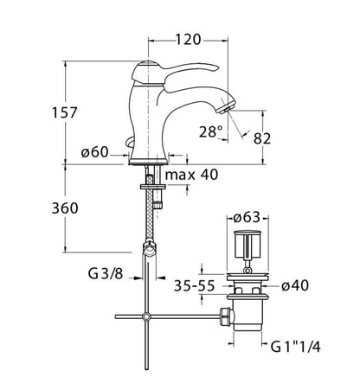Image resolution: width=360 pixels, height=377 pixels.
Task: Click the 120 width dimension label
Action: (x=188, y=40)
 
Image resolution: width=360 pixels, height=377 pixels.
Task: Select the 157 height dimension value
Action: (x=65, y=112)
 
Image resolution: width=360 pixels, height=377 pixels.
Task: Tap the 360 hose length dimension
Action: (x=65, y=208)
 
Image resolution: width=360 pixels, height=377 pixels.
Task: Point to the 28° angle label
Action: (x=211, y=132)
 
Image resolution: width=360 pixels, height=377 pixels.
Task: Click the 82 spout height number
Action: (x=262, y=138)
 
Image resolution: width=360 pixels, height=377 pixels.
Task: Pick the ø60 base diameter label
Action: (x=94, y=152)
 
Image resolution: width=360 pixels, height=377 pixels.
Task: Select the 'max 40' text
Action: (x=192, y=175)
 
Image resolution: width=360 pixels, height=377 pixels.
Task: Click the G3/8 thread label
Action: (x=106, y=273)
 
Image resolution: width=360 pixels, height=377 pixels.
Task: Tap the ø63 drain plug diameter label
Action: (x=247, y=218)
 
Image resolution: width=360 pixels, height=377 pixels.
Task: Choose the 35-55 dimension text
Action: (x=195, y=286)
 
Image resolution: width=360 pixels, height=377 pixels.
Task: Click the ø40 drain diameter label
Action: (x=295, y=285)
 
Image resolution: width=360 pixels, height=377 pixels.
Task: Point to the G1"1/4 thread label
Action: (x=295, y=347)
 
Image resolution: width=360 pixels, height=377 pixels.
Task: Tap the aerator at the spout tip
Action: (x=227, y=106)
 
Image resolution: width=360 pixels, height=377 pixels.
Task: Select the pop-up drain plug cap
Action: (x=248, y=245)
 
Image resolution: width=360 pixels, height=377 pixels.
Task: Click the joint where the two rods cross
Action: (x=147, y=316)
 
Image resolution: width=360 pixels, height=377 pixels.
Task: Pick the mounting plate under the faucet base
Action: (x=153, y=187)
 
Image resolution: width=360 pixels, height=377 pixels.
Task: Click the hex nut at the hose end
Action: (x=150, y=248)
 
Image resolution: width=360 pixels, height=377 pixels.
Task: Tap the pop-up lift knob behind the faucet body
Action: (x=129, y=142)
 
